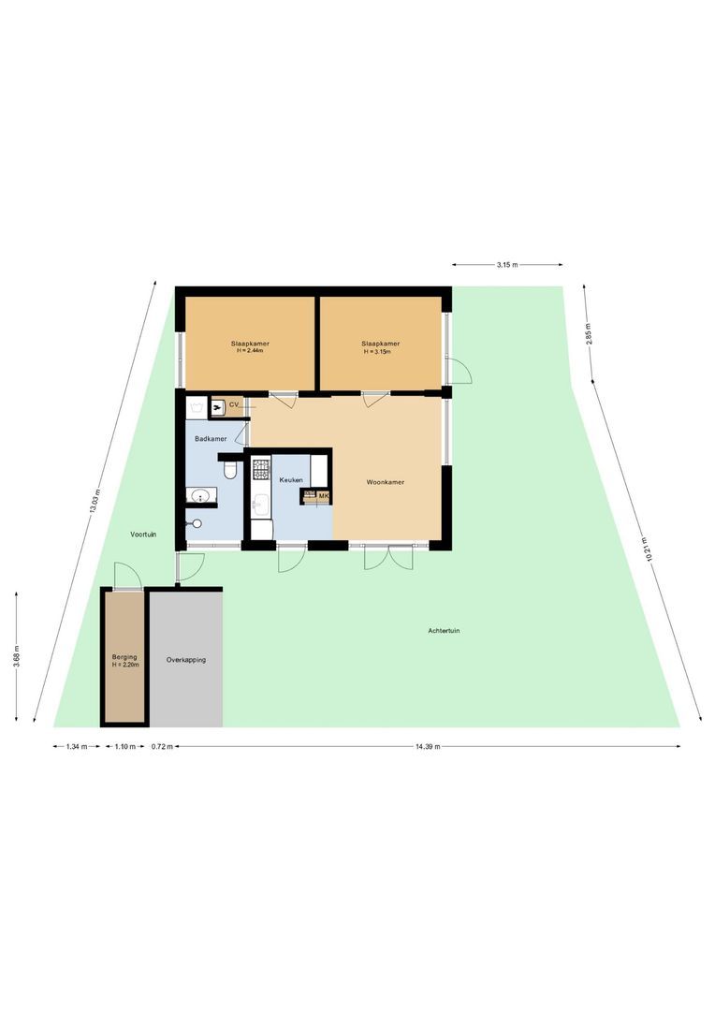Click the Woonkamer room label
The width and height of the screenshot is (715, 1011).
pyautogui.click(x=386, y=482)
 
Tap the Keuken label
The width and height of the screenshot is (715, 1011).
pyautogui.click(x=291, y=479)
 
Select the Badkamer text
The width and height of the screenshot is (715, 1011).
pyautogui.click(x=211, y=438)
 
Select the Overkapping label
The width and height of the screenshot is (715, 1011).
pyautogui.click(x=185, y=659)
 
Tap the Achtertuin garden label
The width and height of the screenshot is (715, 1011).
pyautogui.click(x=444, y=631)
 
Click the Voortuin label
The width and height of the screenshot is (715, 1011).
pyautogui.click(x=143, y=534)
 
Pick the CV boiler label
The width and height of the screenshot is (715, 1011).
pyautogui.click(x=234, y=404)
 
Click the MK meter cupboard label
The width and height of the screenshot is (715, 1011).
pyautogui.click(x=324, y=495)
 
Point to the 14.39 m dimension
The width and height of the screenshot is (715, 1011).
pyautogui.click(x=427, y=747)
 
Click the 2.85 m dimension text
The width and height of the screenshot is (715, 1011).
pyautogui.click(x=589, y=335)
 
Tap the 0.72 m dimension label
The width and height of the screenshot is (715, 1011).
pyautogui.click(x=162, y=747)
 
